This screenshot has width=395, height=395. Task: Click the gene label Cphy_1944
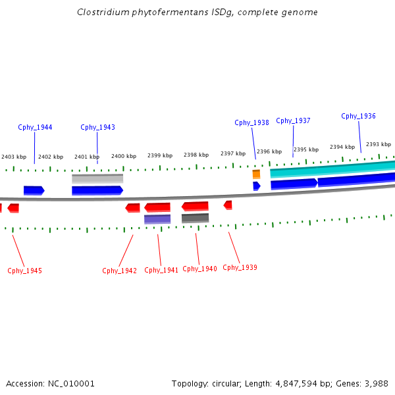pyautogui.click(x=35, y=127)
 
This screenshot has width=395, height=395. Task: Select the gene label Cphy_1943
pyautogui.click(x=97, y=127)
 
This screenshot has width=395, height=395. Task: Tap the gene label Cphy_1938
pyautogui.click(x=251, y=122)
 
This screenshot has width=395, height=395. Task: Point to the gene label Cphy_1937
pyautogui.click(x=293, y=120)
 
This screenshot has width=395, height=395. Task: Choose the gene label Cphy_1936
pyautogui.click(x=358, y=116)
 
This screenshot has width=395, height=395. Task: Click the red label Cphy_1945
pyautogui.click(x=24, y=271)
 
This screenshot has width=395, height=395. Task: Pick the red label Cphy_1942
pyautogui.click(x=119, y=271)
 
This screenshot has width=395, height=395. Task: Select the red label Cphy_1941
pyautogui.click(x=161, y=270)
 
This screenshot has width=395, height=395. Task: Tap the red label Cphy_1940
pyautogui.click(x=199, y=269)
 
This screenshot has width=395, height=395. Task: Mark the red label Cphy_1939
pyautogui.click(x=240, y=267)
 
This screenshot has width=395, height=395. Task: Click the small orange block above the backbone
pyautogui.click(x=256, y=174)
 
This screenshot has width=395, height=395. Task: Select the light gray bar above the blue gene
pyautogui.click(x=97, y=178)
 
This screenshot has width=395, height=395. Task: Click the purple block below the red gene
pyautogui.click(x=157, y=219)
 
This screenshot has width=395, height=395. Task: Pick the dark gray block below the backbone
pyautogui.click(x=195, y=218)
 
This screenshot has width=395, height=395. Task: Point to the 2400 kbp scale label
pyautogui.click(x=124, y=156)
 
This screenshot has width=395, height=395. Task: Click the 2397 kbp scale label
pyautogui.click(x=232, y=153)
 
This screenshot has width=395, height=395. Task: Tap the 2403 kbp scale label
pyautogui.click(x=14, y=157)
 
